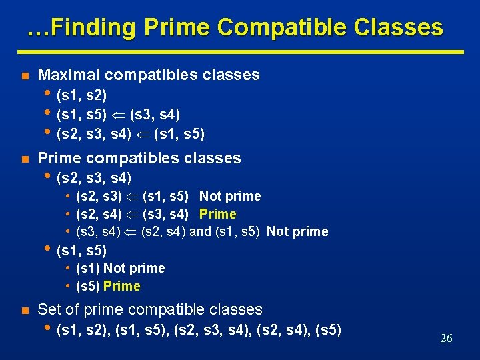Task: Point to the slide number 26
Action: point(446,338)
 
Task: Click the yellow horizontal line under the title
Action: point(240,51)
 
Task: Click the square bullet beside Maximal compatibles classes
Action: point(23,75)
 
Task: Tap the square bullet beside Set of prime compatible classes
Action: point(23,310)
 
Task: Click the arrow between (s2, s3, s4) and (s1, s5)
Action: point(143,135)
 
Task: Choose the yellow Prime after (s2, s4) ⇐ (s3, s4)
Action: point(218,214)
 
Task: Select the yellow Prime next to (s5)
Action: point(122,286)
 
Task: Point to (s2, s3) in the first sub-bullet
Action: point(99,196)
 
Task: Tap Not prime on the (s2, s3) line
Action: point(230,196)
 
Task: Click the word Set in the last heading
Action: point(51,309)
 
